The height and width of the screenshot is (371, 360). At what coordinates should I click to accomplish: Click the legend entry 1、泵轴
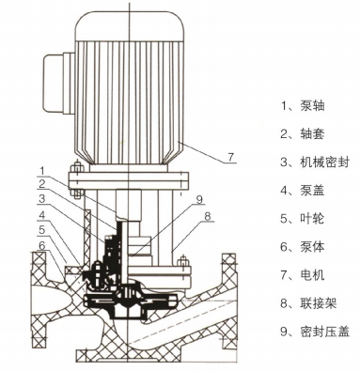pyautogui.click(x=303, y=105)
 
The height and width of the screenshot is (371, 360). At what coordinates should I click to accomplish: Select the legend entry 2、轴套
pyautogui.click(x=303, y=133)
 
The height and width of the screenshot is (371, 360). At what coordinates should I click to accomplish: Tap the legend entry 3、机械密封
pyautogui.click(x=315, y=162)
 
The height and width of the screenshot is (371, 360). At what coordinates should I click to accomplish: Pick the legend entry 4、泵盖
pyautogui.click(x=303, y=190)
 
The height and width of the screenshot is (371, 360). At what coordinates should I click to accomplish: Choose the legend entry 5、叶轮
pyautogui.click(x=303, y=218)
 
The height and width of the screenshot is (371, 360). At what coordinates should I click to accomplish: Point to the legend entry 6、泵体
pyautogui.click(x=303, y=247)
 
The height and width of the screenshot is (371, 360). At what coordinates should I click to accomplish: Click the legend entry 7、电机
pyautogui.click(x=303, y=275)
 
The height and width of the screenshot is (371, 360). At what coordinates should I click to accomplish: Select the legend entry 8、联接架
pyautogui.click(x=308, y=303)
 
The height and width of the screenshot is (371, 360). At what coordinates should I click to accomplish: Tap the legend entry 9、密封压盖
pyautogui.click(x=315, y=332)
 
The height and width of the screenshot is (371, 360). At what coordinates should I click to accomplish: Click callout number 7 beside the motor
pyautogui.click(x=231, y=157)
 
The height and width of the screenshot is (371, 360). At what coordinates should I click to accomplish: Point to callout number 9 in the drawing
pyautogui.click(x=199, y=199)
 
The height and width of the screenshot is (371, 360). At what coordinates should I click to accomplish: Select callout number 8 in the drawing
pyautogui.click(x=208, y=216)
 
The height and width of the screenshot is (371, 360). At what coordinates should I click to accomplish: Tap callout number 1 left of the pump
pyautogui.click(x=43, y=171)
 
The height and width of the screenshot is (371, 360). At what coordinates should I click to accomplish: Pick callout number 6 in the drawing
pyautogui.click(x=42, y=245)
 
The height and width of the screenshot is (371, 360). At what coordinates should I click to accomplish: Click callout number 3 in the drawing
pyautogui.click(x=42, y=198)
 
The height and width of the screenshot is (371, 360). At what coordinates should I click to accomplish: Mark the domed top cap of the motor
pyautogui.click(x=129, y=25)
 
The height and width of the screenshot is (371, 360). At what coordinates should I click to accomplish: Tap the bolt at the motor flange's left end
pyautogui.click(x=77, y=180)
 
